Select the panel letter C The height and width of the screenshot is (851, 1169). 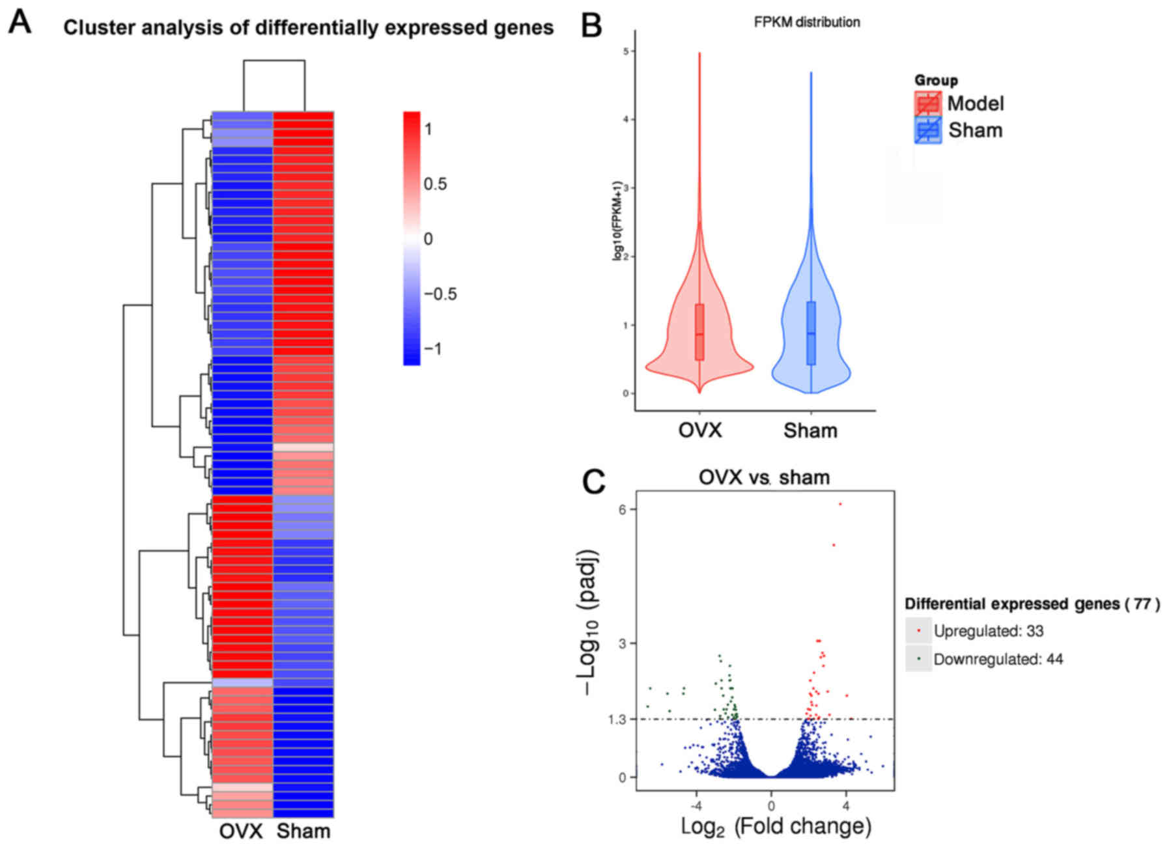593,482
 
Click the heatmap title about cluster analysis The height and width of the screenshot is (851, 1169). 308,28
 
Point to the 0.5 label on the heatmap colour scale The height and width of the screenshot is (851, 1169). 435,184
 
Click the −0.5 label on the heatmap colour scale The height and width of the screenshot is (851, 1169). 440,294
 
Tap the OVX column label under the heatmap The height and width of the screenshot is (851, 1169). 241,831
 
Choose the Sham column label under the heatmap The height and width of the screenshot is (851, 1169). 303,831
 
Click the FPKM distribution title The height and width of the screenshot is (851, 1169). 806,22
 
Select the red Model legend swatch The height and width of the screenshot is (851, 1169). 927,104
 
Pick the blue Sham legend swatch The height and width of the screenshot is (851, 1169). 927,130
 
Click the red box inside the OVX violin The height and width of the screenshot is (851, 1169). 699,331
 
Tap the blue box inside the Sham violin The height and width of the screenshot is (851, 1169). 811,333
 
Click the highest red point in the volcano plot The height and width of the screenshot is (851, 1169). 840,504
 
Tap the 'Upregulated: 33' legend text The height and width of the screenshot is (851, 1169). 988,631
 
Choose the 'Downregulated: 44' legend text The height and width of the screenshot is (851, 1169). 998,660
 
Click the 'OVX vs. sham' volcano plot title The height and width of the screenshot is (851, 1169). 764,477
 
